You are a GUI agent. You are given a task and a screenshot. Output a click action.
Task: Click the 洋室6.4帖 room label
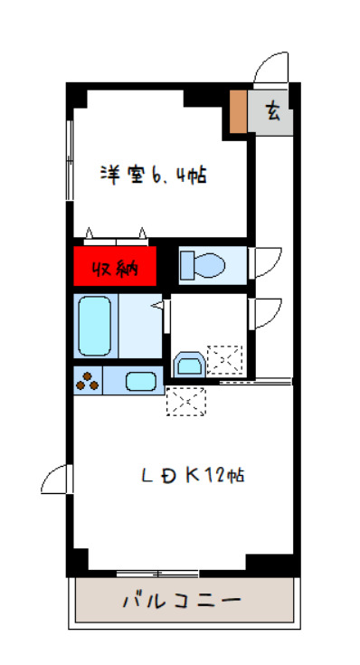pyautogui.click(x=153, y=174)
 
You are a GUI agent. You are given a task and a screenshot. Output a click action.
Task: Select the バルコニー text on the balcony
pyautogui.click(x=181, y=601)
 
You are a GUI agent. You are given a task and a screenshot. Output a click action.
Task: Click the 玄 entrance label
pyautogui.click(x=272, y=112)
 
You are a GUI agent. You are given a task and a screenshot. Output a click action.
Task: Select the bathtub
pyautogui.click(x=94, y=326)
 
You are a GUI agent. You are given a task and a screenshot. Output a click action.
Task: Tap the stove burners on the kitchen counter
pyautogui.click(x=87, y=382)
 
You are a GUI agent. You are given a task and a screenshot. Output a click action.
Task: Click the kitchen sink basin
pyautogui.click(x=140, y=381)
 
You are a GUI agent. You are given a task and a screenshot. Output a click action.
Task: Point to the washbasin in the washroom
pyautogui.click(x=188, y=364)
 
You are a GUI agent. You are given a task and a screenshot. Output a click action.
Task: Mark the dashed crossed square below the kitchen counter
pyautogui.click(x=185, y=401)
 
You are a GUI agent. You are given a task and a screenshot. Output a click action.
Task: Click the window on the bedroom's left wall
pyautogui.click(x=69, y=162)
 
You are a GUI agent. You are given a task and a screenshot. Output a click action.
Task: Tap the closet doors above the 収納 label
pyautogui.click(x=115, y=235)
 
